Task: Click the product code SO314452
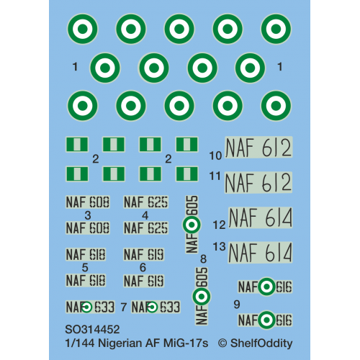pyautogui.click(x=92, y=330)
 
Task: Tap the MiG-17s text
pyautogui.click(x=186, y=343)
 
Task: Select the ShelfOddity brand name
pyautogui.click(x=261, y=343)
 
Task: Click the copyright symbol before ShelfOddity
pyautogui.click(x=222, y=343)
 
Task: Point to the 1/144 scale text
pyautogui.click(x=80, y=343)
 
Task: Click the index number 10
pyautogui.click(x=216, y=156)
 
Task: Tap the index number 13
pyautogui.click(x=220, y=246)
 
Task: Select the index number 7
pyautogui.click(x=124, y=307)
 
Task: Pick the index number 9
pyautogui.click(x=237, y=305)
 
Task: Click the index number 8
pyautogui.click(x=203, y=259)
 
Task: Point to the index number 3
pyautogui.click(x=88, y=215)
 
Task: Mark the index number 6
pyautogui.click(x=143, y=267)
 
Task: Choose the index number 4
pyautogui.click(x=145, y=215)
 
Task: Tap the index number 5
pyautogui.click(x=85, y=267)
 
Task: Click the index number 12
pyautogui.click(x=220, y=225)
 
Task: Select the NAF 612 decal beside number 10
pyautogui.click(x=258, y=148)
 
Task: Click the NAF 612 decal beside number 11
pyautogui.click(x=258, y=182)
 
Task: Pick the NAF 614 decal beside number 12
pyautogui.click(x=261, y=217)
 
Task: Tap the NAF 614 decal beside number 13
pyautogui.click(x=260, y=253)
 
